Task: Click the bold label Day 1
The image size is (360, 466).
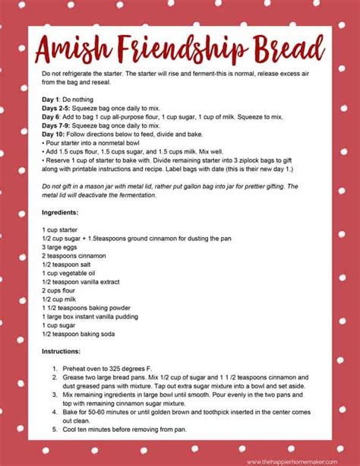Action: coord(53,100)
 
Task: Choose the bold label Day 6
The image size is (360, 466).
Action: coord(53,117)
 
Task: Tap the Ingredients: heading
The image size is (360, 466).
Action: coord(61,212)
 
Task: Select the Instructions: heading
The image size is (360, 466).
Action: coord(62,352)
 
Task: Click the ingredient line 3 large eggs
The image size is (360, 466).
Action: coord(64,247)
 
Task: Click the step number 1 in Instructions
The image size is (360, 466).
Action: coord(55,369)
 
